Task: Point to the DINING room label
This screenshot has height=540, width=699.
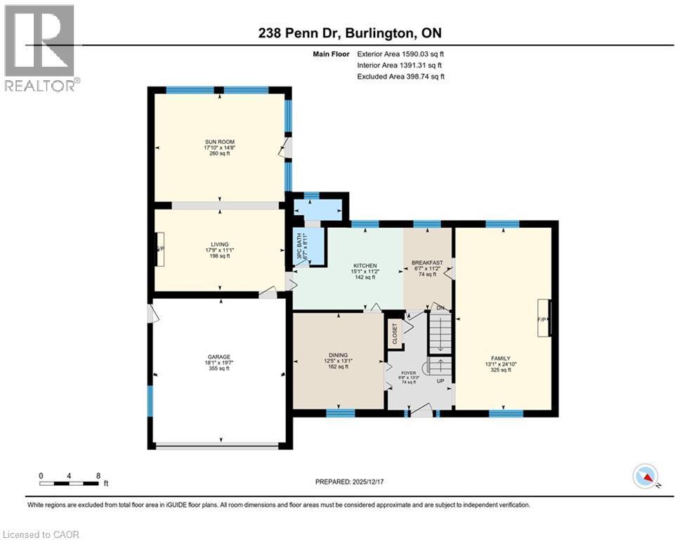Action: (x=339, y=355)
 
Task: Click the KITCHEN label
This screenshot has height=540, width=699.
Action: (x=364, y=266)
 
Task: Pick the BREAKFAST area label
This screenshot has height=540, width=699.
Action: (x=428, y=262)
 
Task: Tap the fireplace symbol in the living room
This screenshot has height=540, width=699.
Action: (x=160, y=249)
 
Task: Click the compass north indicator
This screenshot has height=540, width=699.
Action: (x=645, y=477)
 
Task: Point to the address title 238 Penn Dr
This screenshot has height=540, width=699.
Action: (x=348, y=33)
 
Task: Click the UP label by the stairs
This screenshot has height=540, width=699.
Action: (x=441, y=381)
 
